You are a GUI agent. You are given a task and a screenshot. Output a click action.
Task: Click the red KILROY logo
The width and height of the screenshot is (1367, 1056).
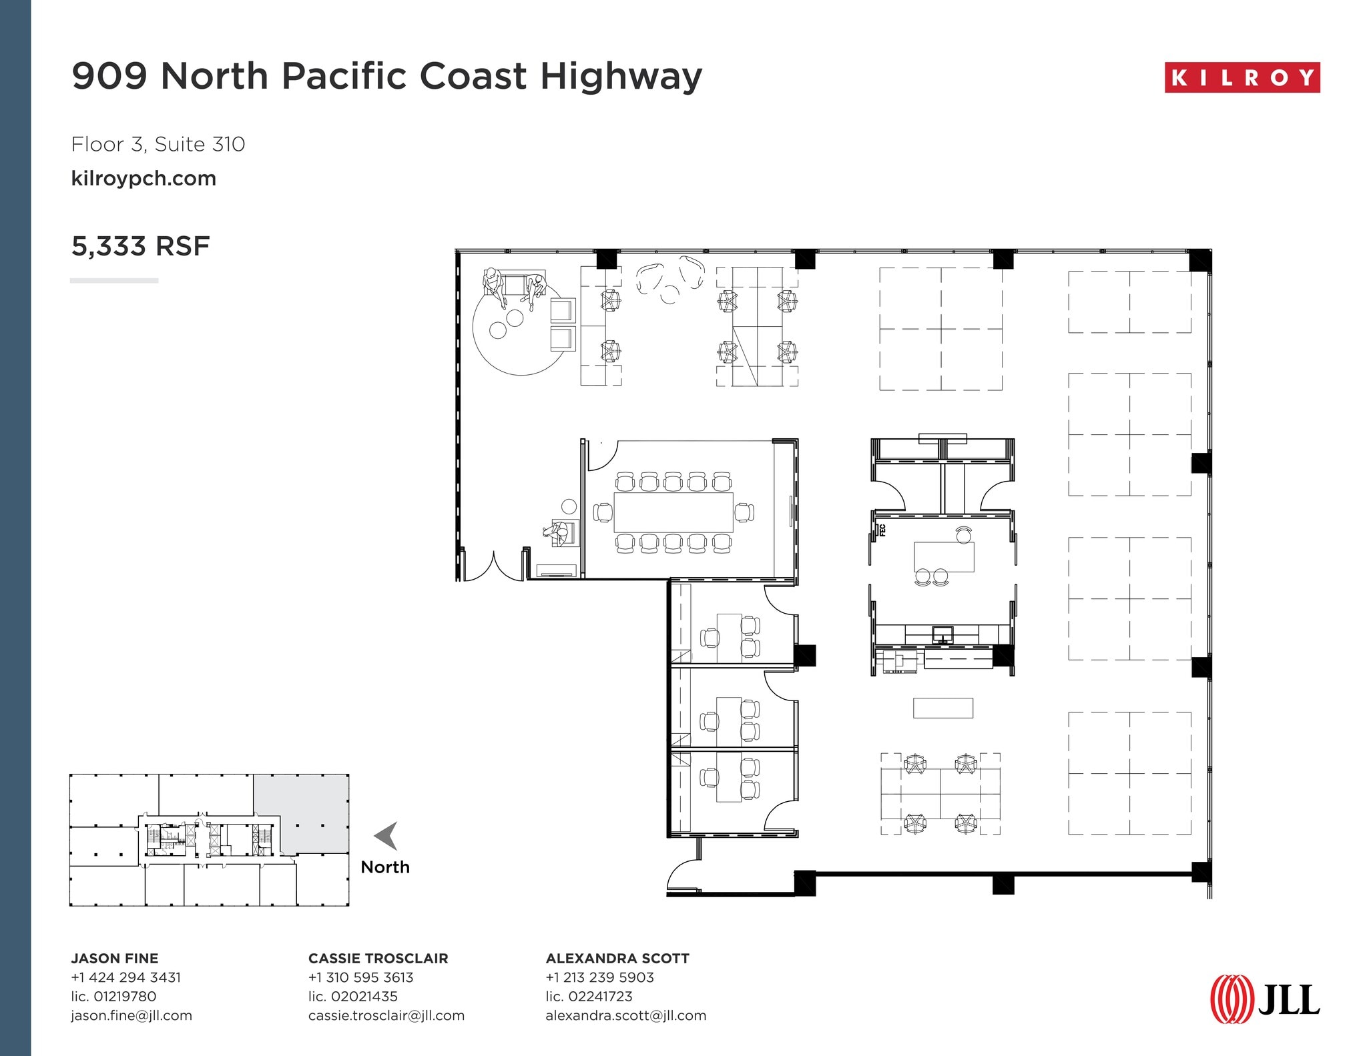click(1242, 77)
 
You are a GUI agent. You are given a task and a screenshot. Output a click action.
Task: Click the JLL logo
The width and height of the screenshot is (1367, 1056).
click(1265, 999)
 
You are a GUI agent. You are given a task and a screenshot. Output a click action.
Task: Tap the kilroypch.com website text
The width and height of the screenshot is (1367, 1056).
click(144, 179)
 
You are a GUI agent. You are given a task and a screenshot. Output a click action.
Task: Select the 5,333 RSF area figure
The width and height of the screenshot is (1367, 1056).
click(140, 246)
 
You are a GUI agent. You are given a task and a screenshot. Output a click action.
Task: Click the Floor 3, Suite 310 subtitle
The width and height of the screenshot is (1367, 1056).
click(158, 144)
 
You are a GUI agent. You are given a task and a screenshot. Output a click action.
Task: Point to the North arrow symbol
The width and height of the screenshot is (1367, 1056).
click(386, 835)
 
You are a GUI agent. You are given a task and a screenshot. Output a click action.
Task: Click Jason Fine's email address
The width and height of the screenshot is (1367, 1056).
click(131, 1015)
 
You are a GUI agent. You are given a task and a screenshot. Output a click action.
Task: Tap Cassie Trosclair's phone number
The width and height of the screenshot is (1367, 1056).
click(360, 977)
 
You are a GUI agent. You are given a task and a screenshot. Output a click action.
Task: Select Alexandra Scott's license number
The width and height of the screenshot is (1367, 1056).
click(589, 996)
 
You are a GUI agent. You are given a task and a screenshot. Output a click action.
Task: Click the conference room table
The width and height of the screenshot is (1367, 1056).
click(673, 512)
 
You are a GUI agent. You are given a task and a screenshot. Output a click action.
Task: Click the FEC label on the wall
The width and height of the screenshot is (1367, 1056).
click(882, 530)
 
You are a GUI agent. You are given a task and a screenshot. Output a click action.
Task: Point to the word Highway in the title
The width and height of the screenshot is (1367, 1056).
click(621, 76)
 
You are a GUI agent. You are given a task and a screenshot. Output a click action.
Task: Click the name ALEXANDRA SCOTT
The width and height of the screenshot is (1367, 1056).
click(617, 958)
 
